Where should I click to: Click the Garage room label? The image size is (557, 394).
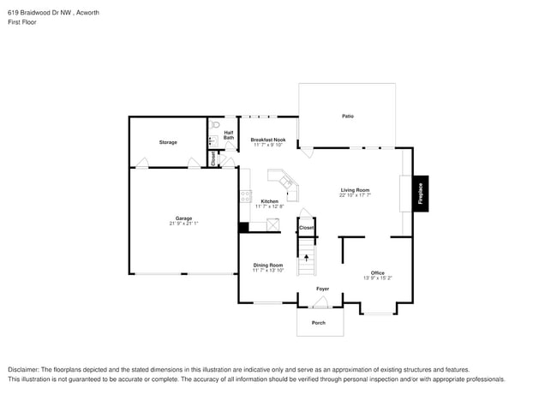coord(183,218)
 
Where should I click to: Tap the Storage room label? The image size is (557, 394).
coord(168,142)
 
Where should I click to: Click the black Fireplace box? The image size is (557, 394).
coord(421,194)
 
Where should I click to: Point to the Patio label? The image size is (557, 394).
coord(348,116)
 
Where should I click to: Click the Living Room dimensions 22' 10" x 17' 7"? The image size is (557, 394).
coord(355,195)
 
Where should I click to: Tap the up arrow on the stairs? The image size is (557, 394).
coord(307,256)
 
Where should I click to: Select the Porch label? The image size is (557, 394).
coord(319,323)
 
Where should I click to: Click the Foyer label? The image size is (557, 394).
coord(322,289)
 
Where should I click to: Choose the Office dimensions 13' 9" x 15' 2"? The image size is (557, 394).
coord(378,278)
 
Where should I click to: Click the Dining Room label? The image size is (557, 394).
coord(268,266)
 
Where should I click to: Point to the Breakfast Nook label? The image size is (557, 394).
coord(268,139)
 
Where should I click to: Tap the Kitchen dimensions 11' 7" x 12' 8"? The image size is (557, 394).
coord(268,206)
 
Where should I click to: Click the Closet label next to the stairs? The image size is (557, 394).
coord(306,228)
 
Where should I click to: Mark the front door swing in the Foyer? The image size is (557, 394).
coord(320,301)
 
